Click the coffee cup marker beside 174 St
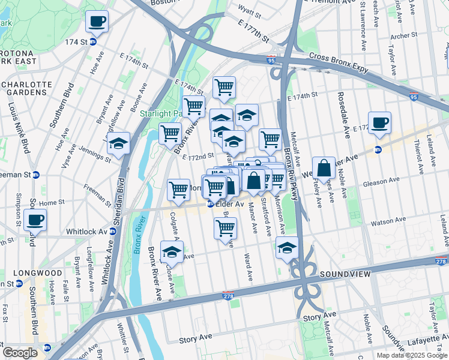pyautogui.click(x=96, y=22)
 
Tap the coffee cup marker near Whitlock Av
pyautogui.click(x=35, y=220)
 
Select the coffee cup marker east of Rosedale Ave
pyautogui.click(x=379, y=123)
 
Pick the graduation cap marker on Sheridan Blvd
pyautogui.click(x=119, y=143)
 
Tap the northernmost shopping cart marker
pyautogui.click(x=224, y=87)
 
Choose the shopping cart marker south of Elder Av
pyautogui.click(x=225, y=228)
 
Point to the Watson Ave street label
pyautogui.click(x=385, y=222)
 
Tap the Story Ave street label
pyautogui.click(x=319, y=315)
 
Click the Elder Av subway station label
pyautogui.click(x=229, y=204)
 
